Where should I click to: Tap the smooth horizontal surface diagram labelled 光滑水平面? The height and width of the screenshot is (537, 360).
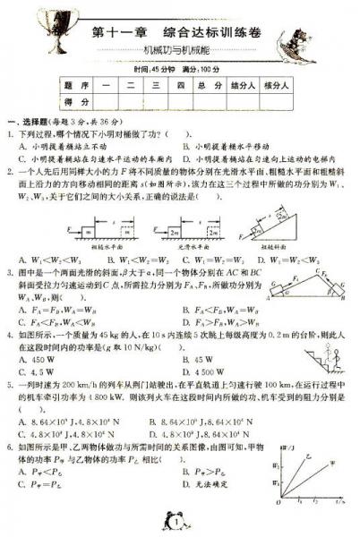pos(180,207)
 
